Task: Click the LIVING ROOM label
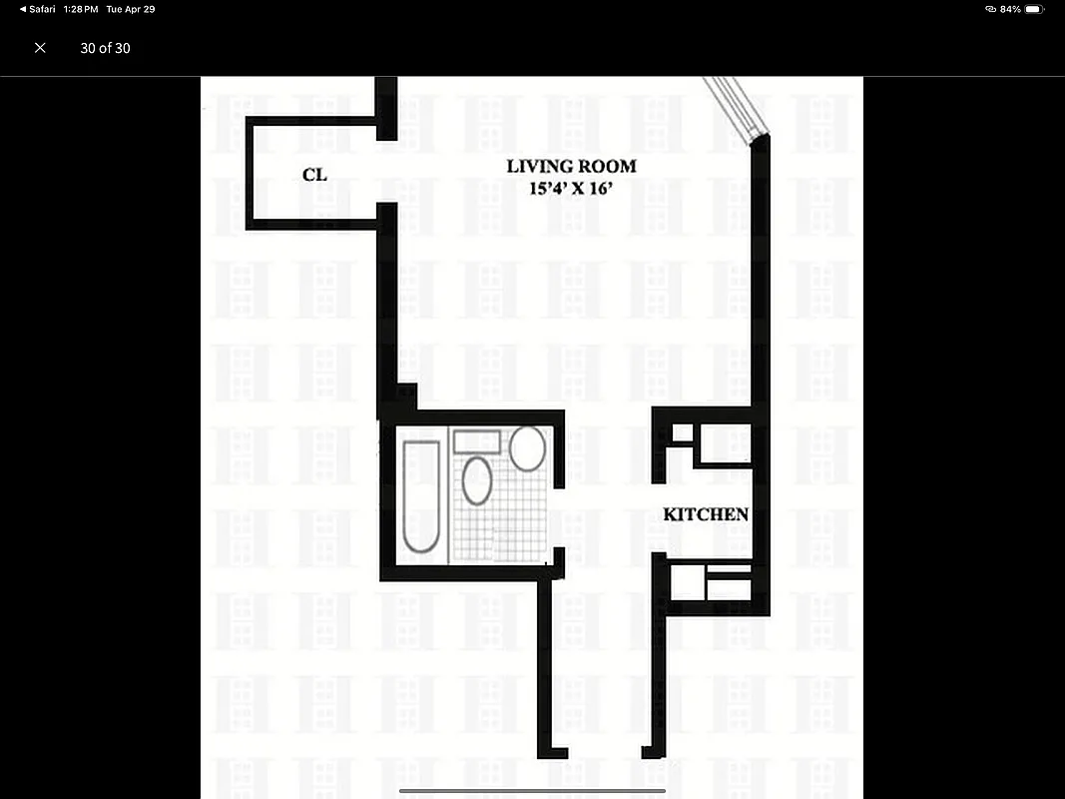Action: coord(571,167)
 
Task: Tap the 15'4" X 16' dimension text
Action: coord(571,189)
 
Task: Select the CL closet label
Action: coord(314,175)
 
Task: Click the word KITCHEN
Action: coord(706,514)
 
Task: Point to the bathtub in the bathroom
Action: coord(420,496)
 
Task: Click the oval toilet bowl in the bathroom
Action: coord(477,480)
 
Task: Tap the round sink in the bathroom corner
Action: coord(527,448)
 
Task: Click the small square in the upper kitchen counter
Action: coord(681,432)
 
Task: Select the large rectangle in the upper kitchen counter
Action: coord(723,442)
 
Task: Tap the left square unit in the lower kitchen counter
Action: coord(688,583)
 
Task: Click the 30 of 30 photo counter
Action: coord(105,48)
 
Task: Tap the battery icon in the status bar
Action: coord(1033,9)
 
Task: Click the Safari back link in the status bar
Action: coord(39,9)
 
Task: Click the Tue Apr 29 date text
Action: coord(131,9)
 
